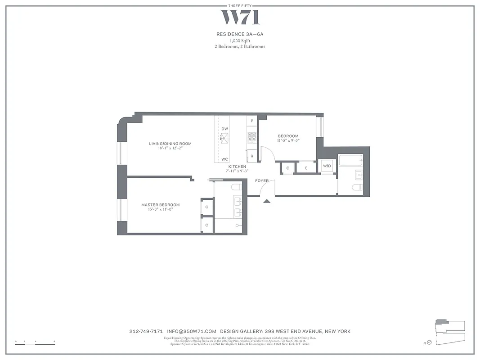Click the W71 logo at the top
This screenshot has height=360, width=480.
240,17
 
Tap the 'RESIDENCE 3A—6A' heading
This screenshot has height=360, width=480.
240,34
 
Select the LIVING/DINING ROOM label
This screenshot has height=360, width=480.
170,144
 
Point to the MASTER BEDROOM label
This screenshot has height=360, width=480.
160,205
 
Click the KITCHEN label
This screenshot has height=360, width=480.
237,167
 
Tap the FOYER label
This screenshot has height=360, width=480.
262,181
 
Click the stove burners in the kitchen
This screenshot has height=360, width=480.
251,136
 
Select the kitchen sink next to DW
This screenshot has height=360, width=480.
224,138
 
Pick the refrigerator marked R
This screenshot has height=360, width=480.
252,156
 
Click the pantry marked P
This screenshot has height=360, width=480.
252,121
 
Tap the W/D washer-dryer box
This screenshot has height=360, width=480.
327,166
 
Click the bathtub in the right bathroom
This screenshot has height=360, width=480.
350,161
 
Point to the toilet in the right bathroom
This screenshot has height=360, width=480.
356,189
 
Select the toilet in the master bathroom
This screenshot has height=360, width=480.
236,187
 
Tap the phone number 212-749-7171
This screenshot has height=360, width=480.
146,331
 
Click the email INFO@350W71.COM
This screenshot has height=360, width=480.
192,331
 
